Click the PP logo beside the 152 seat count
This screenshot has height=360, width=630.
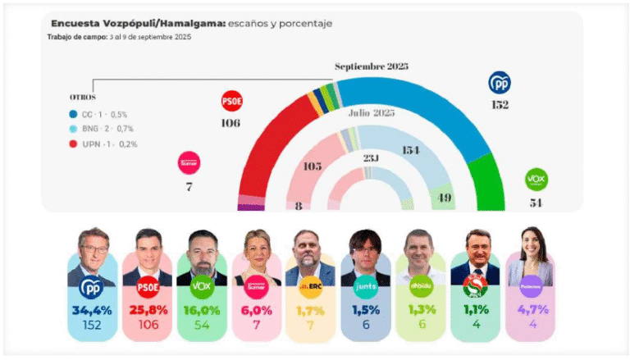pos(500,83)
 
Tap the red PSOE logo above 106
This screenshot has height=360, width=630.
pos(232,102)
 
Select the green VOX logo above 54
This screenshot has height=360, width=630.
pos(536,180)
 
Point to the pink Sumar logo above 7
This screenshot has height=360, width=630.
pos(189,163)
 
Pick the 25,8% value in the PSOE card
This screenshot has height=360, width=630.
pos(147,311)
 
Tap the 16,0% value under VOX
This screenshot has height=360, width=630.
pos(202,311)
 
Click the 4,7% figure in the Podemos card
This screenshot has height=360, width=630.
pos(531,311)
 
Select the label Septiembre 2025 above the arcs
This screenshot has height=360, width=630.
pos(372,66)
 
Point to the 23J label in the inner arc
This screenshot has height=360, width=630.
pos(370,157)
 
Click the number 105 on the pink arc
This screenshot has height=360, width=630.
pos(312,166)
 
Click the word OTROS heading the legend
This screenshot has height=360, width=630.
pos(83,97)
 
